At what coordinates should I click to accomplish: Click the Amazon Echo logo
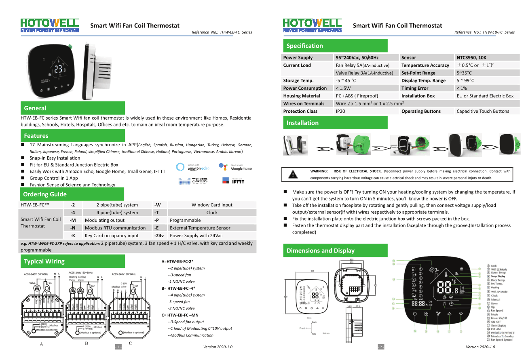(193, 167)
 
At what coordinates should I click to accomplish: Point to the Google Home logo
(235, 167)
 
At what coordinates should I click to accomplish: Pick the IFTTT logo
(233, 181)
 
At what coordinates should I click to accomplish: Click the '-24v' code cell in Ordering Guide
(158, 236)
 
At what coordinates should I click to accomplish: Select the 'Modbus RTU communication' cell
(115, 228)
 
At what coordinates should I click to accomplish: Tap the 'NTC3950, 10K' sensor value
(471, 58)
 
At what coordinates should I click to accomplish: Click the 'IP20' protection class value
(340, 111)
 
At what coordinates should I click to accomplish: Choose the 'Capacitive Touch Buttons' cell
(483, 111)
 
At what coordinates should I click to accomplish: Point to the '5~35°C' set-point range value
(464, 73)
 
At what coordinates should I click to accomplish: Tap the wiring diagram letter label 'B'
(87, 343)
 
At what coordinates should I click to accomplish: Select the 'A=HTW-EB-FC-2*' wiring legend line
(178, 261)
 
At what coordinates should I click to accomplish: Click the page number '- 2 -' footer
(381, 347)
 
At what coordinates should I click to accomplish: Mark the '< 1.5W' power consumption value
(343, 88)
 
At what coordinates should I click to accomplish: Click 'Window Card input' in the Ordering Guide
(212, 205)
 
